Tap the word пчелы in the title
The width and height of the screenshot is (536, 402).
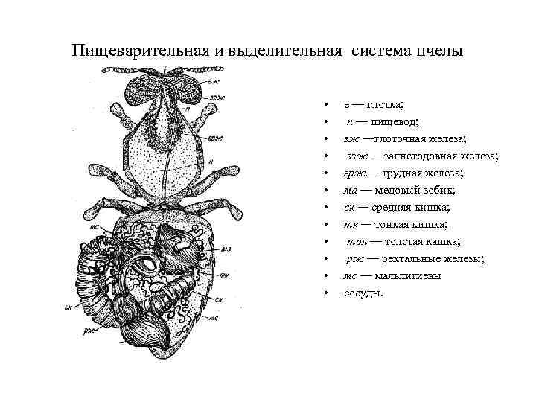(441, 51)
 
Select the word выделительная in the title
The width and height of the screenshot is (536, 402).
(273, 51)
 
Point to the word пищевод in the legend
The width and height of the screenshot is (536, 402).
(395, 122)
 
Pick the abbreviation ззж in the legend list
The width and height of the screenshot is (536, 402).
(357, 156)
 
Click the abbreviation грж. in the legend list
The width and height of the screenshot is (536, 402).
(355, 173)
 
